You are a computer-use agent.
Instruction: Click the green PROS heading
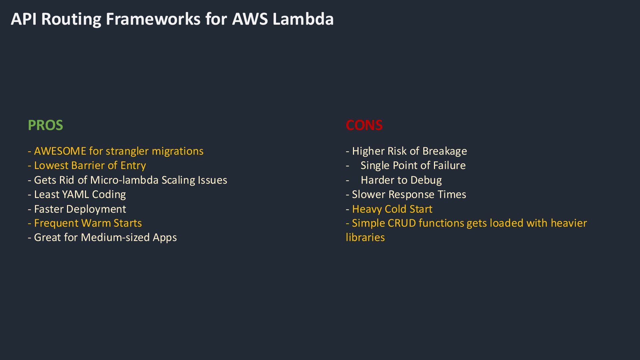point(45,125)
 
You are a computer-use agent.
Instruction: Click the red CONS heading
point(364,125)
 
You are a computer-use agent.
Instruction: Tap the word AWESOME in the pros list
point(60,151)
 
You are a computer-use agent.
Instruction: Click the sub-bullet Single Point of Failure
point(413,165)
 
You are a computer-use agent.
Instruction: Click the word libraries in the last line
point(365,237)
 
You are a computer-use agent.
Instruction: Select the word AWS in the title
point(250,19)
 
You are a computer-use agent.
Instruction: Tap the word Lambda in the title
point(303,19)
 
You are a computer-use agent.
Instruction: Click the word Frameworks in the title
point(153,19)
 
